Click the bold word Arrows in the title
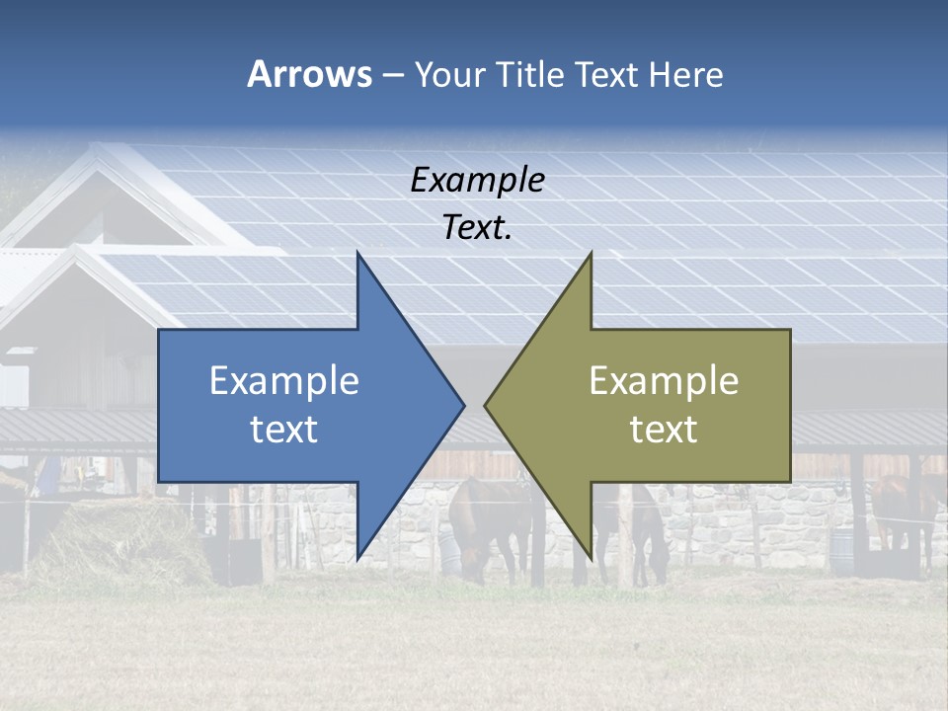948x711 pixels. coord(309,74)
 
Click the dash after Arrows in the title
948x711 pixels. coord(392,75)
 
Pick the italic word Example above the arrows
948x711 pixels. coord(478,181)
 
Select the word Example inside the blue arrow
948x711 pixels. coord(284,381)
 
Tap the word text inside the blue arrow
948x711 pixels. coord(284,430)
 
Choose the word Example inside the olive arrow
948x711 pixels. coord(664,381)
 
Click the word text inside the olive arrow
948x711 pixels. coord(664,430)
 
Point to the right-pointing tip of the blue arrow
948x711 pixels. coord(463,405)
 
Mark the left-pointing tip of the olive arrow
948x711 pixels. coord(485,405)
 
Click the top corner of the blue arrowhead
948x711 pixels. coord(357,254)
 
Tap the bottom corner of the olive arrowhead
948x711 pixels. coord(592,559)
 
